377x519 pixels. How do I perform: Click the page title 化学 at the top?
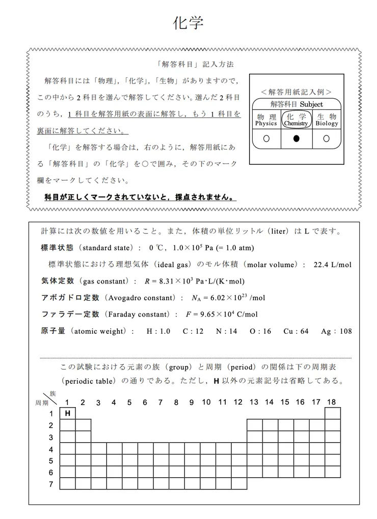coord(188,23)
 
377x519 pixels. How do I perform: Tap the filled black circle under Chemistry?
coord(296,138)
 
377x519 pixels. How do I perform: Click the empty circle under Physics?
coord(266,138)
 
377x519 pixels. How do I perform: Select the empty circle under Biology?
coord(326,138)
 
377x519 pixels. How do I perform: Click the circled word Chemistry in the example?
coord(296,124)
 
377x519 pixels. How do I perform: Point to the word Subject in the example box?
coord(311,104)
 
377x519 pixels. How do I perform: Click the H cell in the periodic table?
coord(67,413)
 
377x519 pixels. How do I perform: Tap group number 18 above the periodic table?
coord(331,402)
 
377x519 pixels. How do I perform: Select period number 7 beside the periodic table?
coord(51,484)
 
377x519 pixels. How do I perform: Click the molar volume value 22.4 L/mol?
coord(333,265)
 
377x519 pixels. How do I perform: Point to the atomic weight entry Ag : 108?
coord(336,331)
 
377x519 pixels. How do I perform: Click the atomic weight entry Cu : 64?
coord(296,331)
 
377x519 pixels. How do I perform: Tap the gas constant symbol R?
coord(148,281)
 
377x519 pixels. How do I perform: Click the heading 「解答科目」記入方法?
coord(195,65)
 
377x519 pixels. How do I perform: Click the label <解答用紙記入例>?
coord(296,92)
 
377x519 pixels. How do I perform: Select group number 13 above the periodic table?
coord(254,402)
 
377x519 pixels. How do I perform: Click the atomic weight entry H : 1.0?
coord(158,331)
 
